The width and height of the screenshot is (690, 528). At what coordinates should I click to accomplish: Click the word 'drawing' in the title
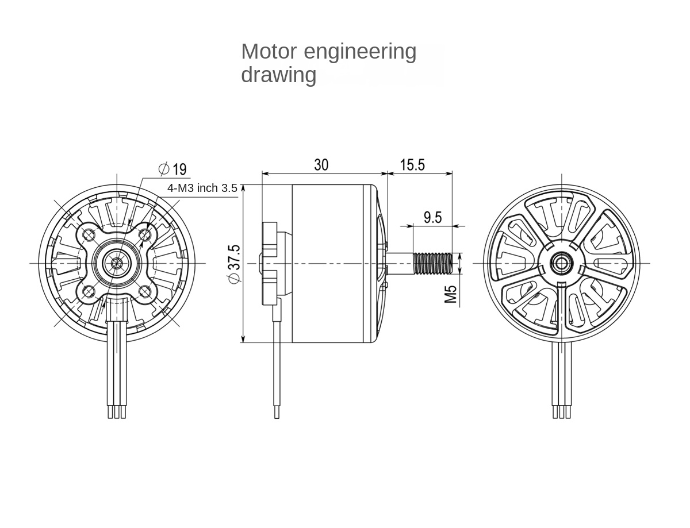pos(278,75)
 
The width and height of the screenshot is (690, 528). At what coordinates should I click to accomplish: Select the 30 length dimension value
pos(321,165)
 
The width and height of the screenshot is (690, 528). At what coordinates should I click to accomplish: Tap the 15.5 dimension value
pos(412,165)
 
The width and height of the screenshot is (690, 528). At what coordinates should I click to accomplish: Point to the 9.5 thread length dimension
pos(432,217)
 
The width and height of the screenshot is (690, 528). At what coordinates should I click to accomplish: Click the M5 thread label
pos(451,294)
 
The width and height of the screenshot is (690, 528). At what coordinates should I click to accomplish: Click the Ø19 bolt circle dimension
pos(172,169)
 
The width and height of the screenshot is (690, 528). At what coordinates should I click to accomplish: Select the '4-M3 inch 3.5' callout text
pos(202,188)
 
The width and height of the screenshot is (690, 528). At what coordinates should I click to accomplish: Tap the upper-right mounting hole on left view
pos(144,234)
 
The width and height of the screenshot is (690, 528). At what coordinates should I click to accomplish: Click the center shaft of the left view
pos(117,263)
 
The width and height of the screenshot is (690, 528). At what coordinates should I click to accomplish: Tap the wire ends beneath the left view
pos(117,412)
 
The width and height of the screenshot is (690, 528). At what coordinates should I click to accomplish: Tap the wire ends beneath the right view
pos(561,412)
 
